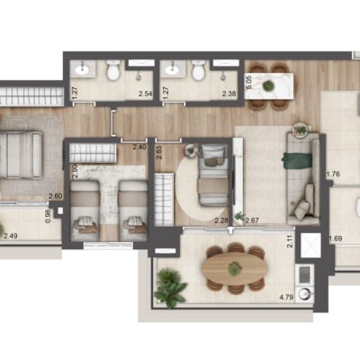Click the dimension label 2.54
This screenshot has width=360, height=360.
(x=143, y=93)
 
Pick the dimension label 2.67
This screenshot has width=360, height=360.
(x=252, y=220)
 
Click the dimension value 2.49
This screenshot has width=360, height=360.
(x=11, y=237)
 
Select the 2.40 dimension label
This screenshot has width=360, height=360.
(x=139, y=147)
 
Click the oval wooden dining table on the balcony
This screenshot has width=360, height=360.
(x=232, y=269)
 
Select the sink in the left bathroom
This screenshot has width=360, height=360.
(x=83, y=70)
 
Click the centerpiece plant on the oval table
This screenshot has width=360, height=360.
(x=234, y=269)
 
